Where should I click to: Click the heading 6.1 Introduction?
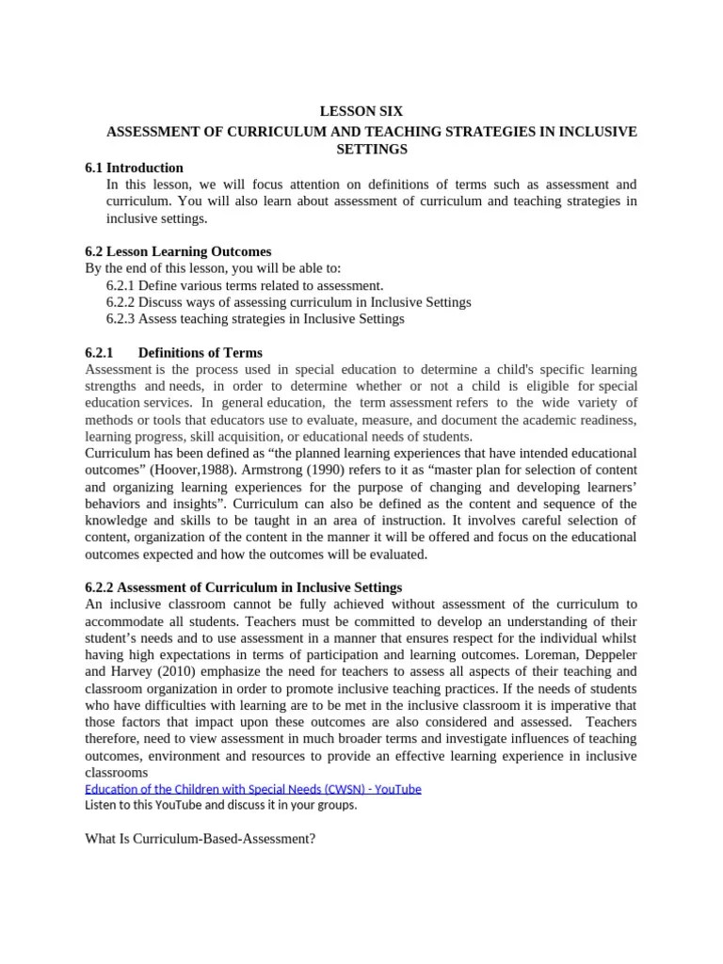[x=134, y=168]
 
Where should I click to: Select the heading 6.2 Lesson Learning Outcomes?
[x=178, y=251]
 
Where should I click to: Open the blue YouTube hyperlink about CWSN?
[x=252, y=788]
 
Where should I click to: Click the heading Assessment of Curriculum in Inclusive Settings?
[x=243, y=587]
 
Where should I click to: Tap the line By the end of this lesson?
[x=214, y=268]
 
